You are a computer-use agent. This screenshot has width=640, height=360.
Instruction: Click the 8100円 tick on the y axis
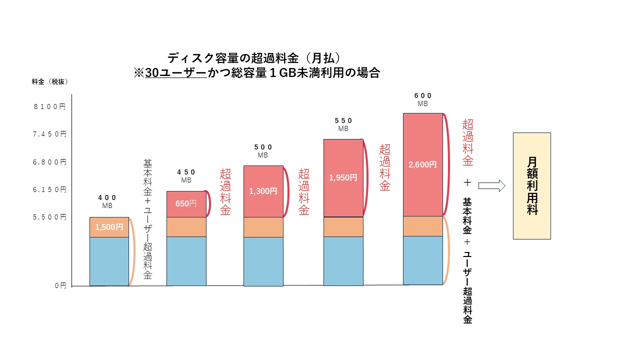49,106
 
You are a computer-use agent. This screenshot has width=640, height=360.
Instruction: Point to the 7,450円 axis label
49,134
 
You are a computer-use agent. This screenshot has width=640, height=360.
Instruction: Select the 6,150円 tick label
49,189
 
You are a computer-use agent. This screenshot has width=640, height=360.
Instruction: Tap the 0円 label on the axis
60,285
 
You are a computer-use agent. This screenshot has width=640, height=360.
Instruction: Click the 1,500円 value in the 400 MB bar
109,227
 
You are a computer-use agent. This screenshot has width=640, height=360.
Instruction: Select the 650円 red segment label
186,204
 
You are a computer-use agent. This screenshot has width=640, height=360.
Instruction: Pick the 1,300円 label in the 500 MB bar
263,190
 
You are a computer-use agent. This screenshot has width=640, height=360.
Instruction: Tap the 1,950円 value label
343,177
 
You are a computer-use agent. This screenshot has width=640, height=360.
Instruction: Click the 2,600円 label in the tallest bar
422,164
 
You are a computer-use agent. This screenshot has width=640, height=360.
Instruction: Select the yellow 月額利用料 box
532,185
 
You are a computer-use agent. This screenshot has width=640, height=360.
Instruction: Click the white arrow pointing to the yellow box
491,185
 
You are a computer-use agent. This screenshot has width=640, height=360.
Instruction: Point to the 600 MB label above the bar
423,99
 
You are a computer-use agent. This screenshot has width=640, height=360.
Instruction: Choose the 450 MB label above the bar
186,176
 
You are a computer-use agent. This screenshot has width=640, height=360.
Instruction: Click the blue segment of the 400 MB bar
109,261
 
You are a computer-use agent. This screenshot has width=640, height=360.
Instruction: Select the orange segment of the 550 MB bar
343,226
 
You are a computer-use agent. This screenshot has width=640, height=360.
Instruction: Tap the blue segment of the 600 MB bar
422,260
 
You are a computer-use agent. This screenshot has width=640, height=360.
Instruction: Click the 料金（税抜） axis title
49,81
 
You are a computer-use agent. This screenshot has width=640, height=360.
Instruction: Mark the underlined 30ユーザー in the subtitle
175,73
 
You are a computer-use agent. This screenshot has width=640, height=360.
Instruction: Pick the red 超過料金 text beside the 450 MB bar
225,192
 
